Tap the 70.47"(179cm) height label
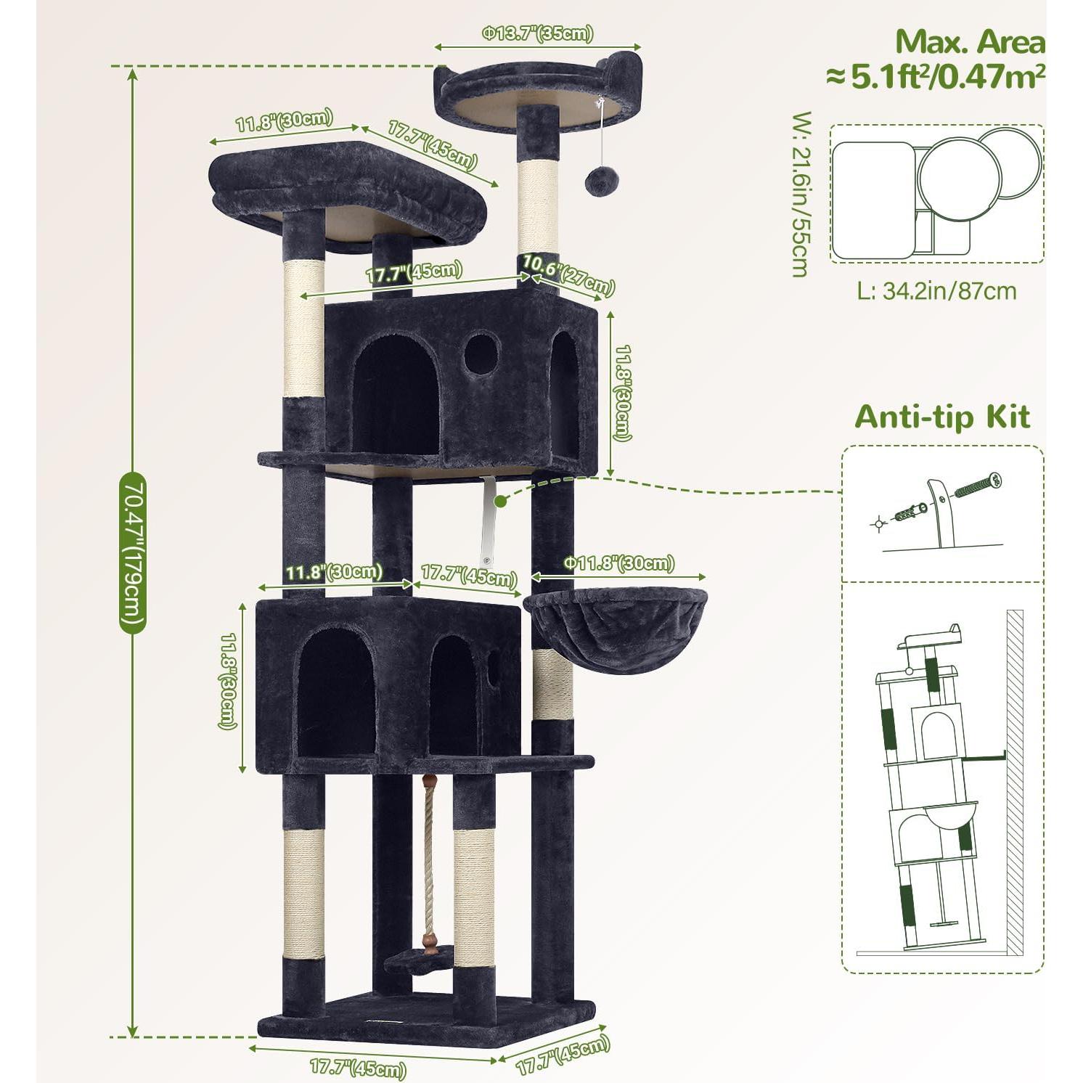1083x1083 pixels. coord(133,552)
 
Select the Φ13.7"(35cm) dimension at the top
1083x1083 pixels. coord(538,33)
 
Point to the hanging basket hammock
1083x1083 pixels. coord(615,629)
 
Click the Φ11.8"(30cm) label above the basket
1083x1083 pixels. coord(619,563)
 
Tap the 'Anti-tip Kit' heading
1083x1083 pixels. coord(941,417)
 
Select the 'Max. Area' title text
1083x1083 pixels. coord(970,42)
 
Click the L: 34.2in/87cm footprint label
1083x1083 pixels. coord(936,291)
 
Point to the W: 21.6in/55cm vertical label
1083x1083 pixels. coord(800,194)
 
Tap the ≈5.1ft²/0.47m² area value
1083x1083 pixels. coord(936,75)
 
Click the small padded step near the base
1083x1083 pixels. coord(418,963)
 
